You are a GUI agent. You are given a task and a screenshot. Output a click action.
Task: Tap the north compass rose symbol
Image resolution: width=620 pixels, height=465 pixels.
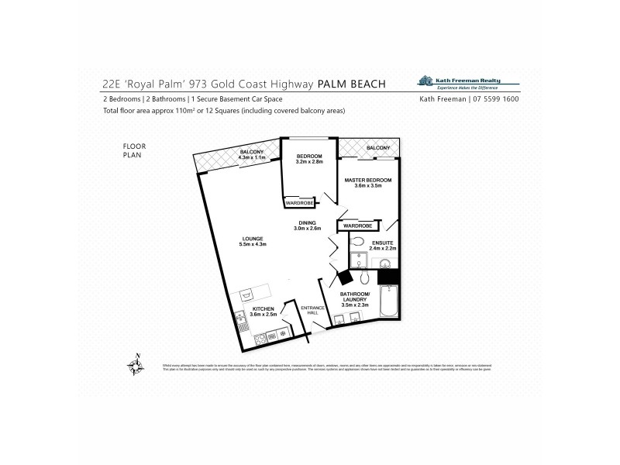pyautogui.click(x=136, y=364)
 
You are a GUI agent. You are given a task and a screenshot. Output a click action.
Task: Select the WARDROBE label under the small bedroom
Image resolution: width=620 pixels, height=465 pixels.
pyautogui.click(x=298, y=203)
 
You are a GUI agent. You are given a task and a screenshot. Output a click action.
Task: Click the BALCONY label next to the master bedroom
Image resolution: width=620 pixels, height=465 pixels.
pyautogui.click(x=377, y=147)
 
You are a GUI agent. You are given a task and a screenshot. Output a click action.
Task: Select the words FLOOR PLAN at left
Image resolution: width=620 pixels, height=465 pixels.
pyautogui.click(x=134, y=150)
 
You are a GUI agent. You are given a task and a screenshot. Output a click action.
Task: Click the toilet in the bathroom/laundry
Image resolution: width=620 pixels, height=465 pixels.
pyautogui.click(x=365, y=281)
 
